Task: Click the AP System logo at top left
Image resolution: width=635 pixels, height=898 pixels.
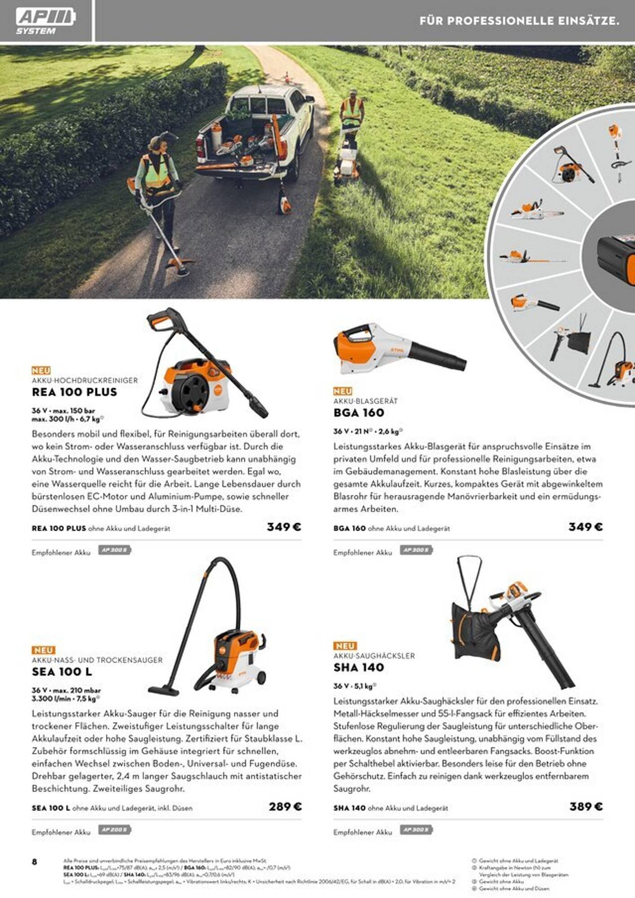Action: (45, 21)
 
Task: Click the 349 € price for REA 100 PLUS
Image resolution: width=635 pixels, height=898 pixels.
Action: (284, 527)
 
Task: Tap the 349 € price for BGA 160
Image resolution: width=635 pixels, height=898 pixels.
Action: (586, 527)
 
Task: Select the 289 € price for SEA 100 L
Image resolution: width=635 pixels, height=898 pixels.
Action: (285, 806)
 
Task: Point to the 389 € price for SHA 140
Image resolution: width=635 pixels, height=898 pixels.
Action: (586, 806)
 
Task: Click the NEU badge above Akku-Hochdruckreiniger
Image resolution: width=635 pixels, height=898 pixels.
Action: (41, 370)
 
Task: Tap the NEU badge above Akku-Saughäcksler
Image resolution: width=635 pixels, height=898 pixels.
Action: (344, 646)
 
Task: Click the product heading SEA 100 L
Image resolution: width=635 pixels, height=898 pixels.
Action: (62, 672)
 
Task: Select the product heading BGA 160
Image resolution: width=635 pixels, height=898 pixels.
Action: (359, 413)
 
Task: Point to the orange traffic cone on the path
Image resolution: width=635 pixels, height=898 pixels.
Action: (287, 76)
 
